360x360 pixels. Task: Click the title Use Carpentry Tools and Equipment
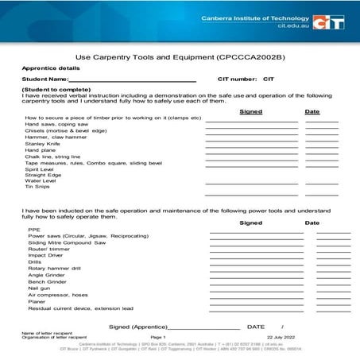point(180,58)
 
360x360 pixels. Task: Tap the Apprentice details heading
point(49,68)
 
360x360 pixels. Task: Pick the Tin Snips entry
point(37,187)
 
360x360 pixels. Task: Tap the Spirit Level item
point(39,169)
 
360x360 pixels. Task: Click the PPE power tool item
point(34,230)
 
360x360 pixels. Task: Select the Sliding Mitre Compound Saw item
point(67,242)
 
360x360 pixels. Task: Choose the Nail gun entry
point(42,288)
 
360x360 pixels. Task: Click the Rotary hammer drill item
point(55,269)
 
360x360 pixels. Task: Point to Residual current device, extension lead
point(80,308)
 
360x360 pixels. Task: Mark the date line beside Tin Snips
point(321,189)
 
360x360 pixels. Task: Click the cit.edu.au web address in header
point(292,26)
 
